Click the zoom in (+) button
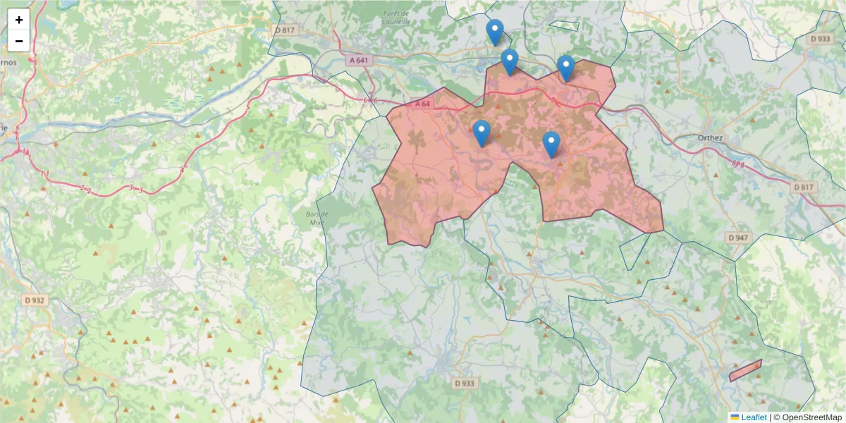(19, 20)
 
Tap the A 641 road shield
(358, 60)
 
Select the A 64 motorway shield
(422, 104)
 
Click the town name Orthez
(711, 137)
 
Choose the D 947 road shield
(737, 238)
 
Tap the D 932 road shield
(34, 300)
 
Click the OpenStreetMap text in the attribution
(811, 417)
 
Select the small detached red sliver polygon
(745, 370)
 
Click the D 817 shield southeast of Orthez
(803, 187)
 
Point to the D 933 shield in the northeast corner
(821, 39)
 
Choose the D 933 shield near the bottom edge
(463, 383)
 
